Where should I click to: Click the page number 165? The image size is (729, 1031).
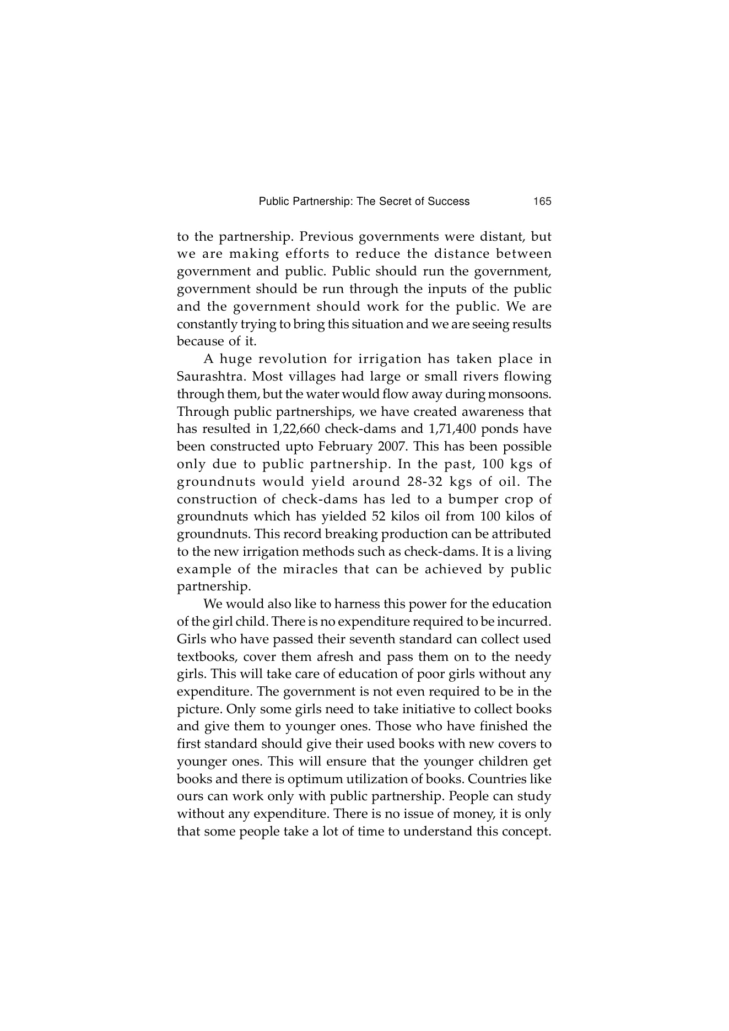[542, 202]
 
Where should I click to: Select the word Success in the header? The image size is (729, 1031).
[449, 202]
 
